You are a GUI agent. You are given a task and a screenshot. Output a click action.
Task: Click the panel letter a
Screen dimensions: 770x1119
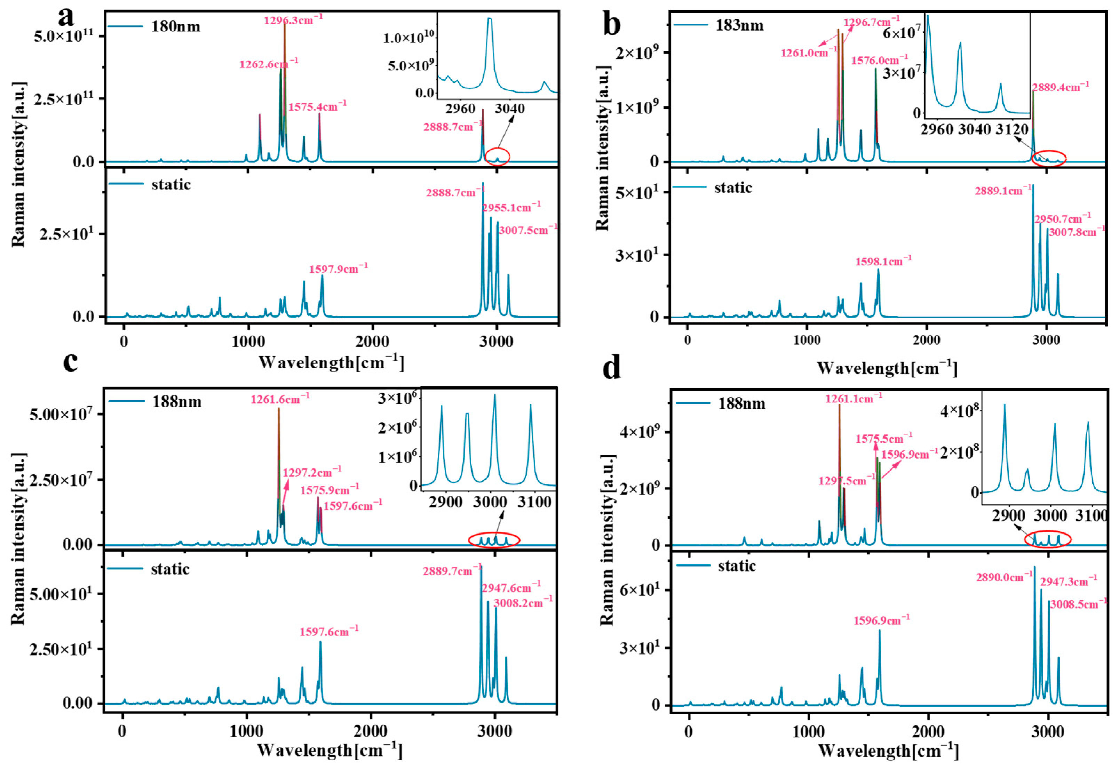[66, 17]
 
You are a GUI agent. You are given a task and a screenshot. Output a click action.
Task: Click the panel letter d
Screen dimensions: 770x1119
[612, 369]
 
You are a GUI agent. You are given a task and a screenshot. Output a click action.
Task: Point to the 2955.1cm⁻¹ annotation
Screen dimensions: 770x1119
[511, 208]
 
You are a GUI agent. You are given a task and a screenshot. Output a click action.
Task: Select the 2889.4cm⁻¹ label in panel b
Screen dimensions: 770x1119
[1061, 87]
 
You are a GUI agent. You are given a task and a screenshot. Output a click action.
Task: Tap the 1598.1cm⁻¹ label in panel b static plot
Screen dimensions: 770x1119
[883, 262]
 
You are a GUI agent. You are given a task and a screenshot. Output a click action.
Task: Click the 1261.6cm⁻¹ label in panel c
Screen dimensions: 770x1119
[280, 399]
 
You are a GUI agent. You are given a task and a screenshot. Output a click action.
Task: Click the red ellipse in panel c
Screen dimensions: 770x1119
[494, 540]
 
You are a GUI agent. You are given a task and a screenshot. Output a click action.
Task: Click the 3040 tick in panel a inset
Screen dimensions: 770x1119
[509, 109]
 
